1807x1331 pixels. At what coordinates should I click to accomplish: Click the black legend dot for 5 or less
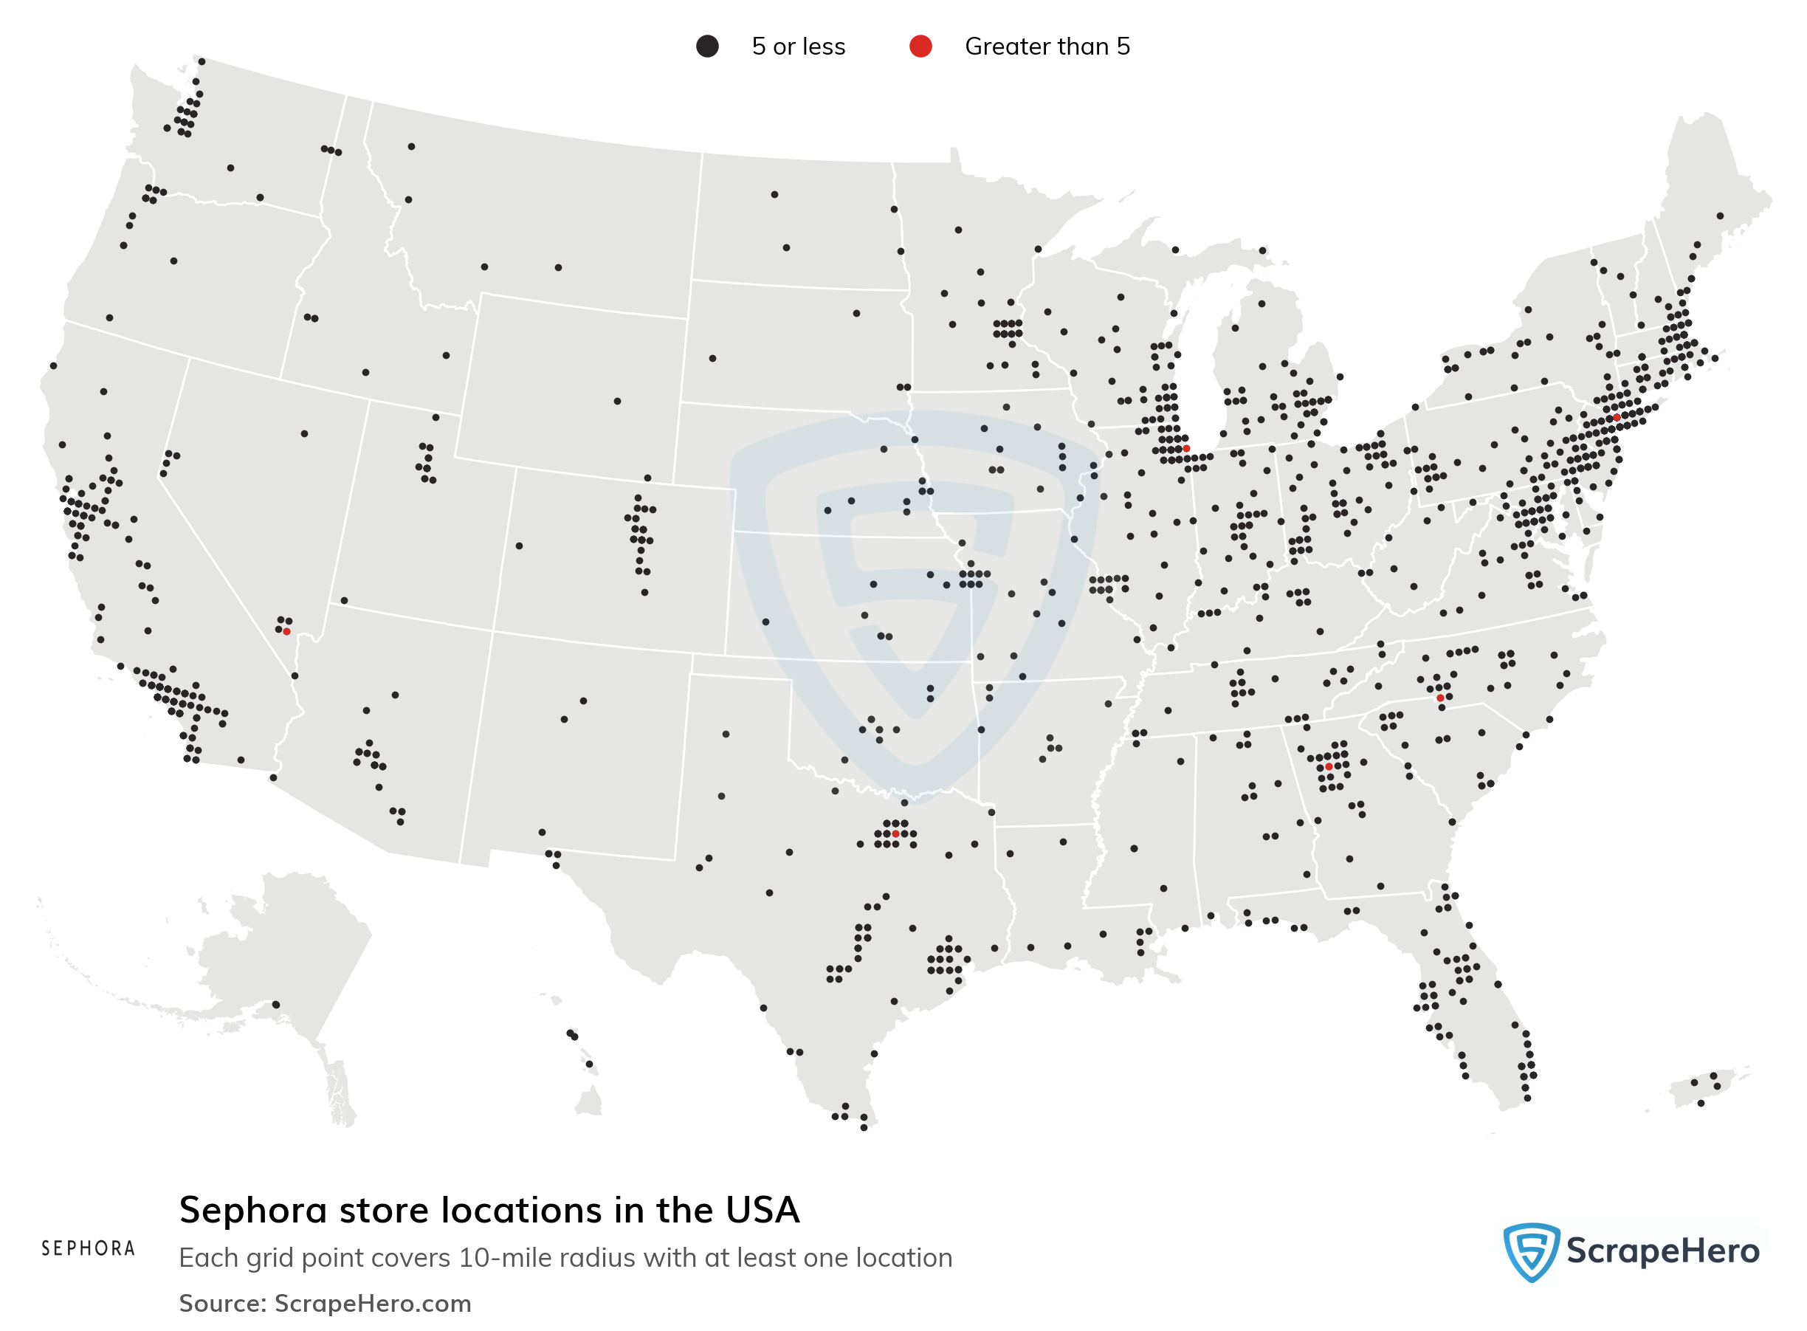point(706,46)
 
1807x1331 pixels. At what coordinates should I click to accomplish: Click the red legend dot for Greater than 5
point(920,46)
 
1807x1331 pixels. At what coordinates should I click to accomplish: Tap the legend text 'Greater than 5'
point(1047,46)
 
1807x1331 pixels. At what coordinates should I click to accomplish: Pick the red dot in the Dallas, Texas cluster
point(895,833)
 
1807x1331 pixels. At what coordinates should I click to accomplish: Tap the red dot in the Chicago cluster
point(1186,448)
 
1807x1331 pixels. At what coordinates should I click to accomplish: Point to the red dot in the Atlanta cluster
point(1329,767)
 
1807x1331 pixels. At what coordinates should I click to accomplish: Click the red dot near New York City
point(1616,417)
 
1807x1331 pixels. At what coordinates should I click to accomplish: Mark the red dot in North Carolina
point(1439,698)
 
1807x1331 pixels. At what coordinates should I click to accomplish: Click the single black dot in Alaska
point(275,1004)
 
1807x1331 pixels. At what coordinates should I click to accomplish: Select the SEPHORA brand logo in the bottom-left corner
point(88,1248)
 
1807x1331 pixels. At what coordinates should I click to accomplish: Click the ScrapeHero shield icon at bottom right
point(1531,1251)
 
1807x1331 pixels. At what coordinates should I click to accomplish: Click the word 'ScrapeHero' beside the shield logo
point(1662,1251)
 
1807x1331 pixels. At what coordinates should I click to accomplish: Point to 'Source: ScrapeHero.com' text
point(325,1303)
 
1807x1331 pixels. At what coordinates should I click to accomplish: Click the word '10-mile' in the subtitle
point(506,1258)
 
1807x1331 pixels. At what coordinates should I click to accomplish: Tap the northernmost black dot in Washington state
point(202,61)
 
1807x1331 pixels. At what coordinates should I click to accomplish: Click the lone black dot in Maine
point(1719,216)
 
